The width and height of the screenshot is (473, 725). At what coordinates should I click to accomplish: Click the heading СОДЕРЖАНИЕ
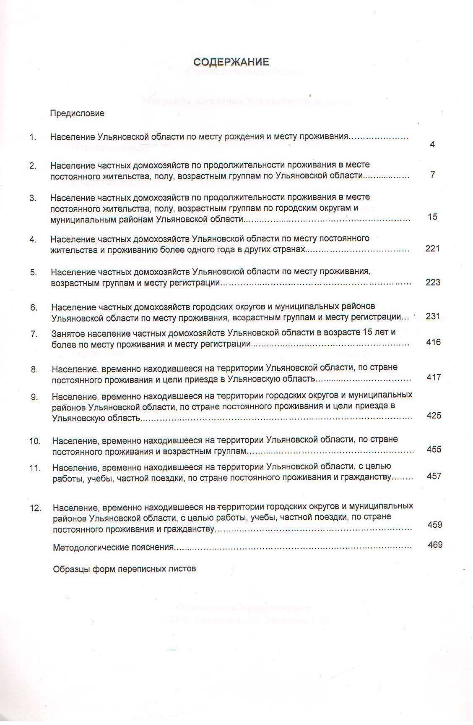(x=231, y=62)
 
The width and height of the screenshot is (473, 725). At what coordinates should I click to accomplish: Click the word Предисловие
(x=77, y=113)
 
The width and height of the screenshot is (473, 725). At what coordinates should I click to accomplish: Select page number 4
(x=432, y=144)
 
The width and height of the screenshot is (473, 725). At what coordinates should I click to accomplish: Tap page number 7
(x=432, y=175)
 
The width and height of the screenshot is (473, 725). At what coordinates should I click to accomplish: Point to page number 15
(x=432, y=217)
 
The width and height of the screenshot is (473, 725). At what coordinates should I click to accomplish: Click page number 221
(x=432, y=249)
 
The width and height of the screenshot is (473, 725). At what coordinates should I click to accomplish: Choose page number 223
(x=433, y=282)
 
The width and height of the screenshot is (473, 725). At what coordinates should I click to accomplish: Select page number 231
(x=433, y=316)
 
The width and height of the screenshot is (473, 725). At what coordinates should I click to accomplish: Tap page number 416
(x=433, y=342)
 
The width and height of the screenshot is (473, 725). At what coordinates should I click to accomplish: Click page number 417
(x=434, y=377)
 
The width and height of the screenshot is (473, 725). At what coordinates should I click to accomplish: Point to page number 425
(x=434, y=415)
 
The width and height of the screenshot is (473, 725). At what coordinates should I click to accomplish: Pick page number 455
(x=434, y=449)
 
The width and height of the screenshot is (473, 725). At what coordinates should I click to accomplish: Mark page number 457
(x=434, y=476)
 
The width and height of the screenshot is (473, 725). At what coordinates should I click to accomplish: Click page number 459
(x=435, y=525)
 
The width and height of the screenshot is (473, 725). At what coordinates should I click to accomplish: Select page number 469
(x=435, y=545)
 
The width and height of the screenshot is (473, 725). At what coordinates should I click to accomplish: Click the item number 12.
(x=36, y=508)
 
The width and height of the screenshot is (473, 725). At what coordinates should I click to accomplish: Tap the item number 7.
(x=34, y=334)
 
